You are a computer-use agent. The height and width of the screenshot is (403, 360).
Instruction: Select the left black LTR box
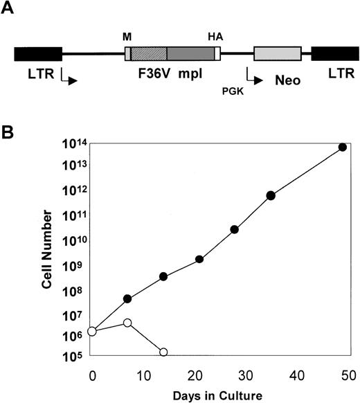point(38,54)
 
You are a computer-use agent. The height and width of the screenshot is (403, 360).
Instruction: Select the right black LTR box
point(334,54)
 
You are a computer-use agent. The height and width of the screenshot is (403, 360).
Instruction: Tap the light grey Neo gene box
point(278,54)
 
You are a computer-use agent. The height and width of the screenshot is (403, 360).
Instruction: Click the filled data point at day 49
point(342,147)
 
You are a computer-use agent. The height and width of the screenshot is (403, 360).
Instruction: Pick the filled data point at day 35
point(271,195)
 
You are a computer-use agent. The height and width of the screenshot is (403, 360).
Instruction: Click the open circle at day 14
point(163,352)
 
